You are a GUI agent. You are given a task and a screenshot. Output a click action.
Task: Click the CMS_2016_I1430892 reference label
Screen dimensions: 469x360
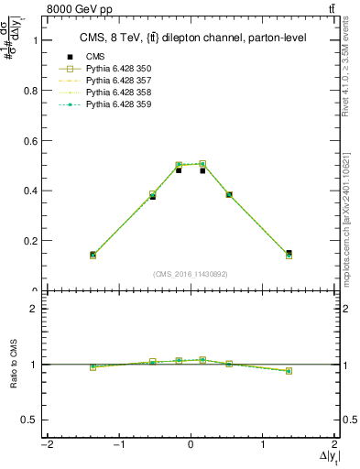click(x=191, y=273)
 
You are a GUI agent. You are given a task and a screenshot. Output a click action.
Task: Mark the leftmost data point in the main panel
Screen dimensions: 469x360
click(x=93, y=255)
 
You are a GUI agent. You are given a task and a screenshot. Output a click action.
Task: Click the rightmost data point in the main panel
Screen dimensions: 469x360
click(x=289, y=254)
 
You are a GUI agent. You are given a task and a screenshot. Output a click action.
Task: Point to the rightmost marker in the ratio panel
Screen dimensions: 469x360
click(x=289, y=371)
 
